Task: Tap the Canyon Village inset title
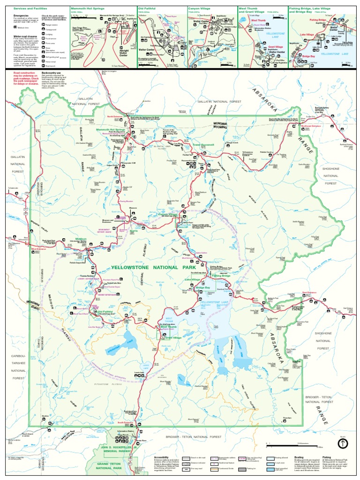200,8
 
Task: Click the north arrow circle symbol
343,443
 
